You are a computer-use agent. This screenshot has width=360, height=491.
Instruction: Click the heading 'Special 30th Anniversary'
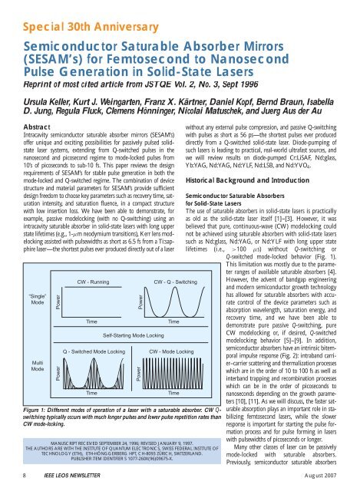(74, 10)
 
